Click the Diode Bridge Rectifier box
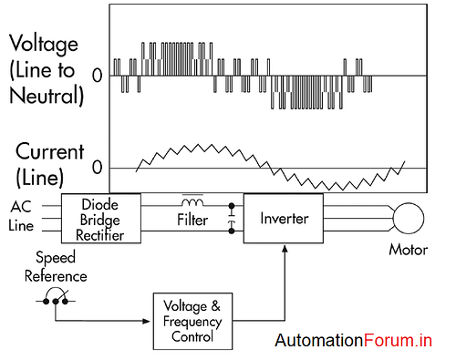(101, 219)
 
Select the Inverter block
(282, 219)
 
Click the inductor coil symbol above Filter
(192, 201)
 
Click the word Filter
(192, 220)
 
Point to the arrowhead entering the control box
(147, 320)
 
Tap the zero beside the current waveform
(97, 169)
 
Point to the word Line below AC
(23, 225)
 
